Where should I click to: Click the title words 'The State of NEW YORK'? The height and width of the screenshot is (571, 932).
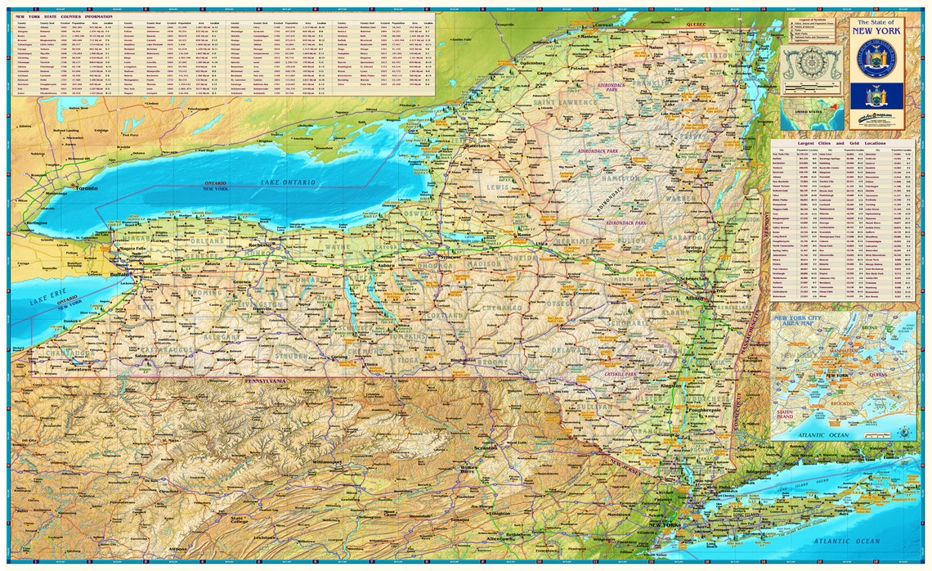point(876,28)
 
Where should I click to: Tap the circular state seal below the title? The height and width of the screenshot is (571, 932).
point(876,58)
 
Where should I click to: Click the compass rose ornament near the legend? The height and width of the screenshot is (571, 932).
point(811,61)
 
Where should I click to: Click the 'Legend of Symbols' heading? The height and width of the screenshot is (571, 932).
point(812,19)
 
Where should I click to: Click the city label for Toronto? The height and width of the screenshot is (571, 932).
point(87,188)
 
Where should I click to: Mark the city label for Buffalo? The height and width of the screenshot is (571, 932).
point(119,276)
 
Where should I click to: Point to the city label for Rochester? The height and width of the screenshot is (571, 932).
point(260,245)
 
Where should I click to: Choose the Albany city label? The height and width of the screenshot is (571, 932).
point(696,299)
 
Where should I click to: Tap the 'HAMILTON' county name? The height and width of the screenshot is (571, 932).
point(621,178)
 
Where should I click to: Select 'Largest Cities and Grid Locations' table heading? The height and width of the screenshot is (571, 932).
point(842,143)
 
